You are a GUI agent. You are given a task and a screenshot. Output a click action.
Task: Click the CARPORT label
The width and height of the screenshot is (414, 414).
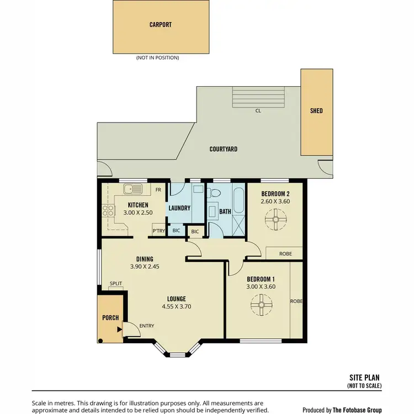pyautogui.click(x=161, y=25)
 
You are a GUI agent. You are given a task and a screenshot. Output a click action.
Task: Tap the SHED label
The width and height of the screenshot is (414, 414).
pyautogui.click(x=316, y=111)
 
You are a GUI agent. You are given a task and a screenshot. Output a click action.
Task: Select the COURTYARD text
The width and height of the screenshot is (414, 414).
pyautogui.click(x=224, y=149)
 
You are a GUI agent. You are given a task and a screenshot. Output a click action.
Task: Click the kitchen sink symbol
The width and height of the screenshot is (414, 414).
pyautogui.click(x=133, y=189)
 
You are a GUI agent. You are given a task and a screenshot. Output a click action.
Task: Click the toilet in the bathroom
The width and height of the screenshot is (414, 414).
pyautogui.click(x=215, y=194)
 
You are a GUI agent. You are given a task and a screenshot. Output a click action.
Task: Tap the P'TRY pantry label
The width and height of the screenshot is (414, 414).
pyautogui.click(x=158, y=231)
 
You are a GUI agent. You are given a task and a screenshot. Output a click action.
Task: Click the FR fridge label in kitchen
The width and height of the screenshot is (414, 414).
pyautogui.click(x=158, y=189)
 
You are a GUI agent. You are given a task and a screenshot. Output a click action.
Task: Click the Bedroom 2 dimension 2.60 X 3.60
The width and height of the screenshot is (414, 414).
pyautogui.click(x=275, y=201)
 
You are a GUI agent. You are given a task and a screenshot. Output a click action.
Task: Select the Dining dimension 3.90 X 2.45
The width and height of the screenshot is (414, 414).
pyautogui.click(x=145, y=267)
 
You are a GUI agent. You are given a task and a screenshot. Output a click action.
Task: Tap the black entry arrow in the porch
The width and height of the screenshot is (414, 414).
pyautogui.click(x=119, y=330)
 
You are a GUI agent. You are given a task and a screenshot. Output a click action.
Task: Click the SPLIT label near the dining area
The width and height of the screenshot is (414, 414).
pyautogui.click(x=116, y=283)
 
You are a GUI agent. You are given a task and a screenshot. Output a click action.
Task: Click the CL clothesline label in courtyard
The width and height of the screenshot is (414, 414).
pyautogui.click(x=258, y=110)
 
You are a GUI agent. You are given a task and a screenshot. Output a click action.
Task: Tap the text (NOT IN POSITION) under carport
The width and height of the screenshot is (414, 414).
pyautogui.click(x=157, y=57)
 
